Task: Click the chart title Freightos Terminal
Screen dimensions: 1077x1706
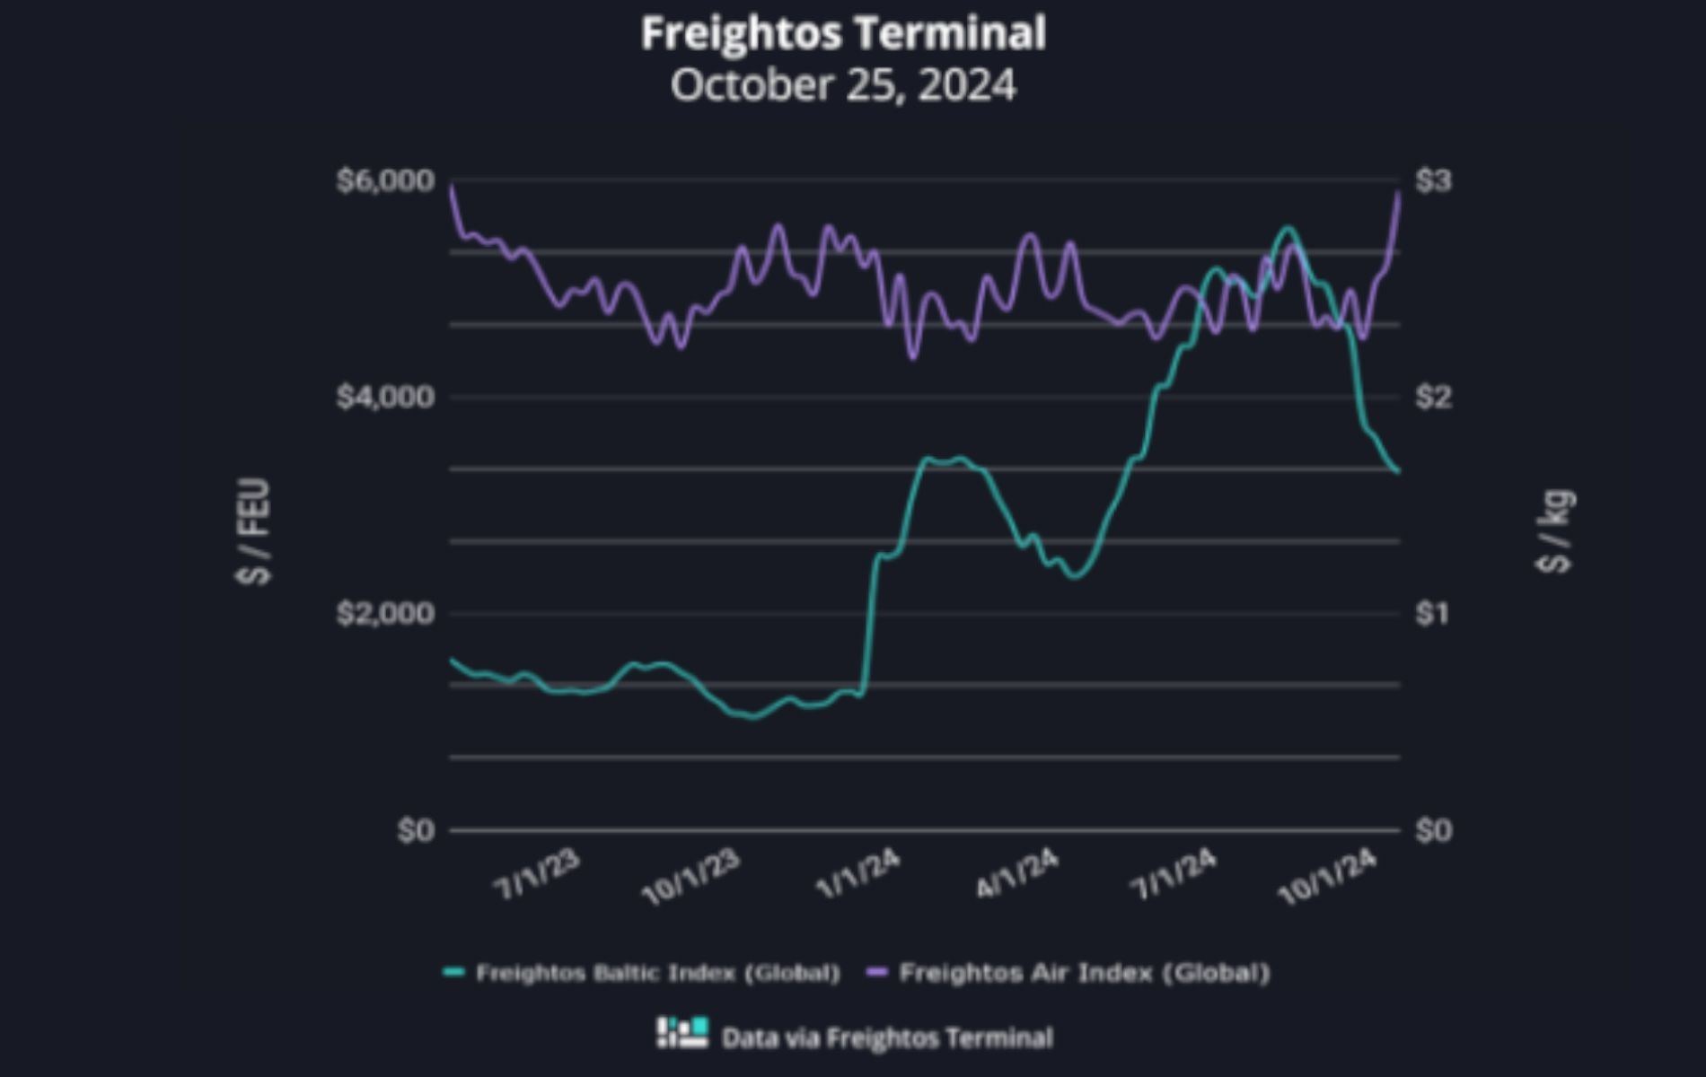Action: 843,34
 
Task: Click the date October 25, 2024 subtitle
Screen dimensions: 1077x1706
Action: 843,86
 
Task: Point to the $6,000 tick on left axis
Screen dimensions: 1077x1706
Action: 385,181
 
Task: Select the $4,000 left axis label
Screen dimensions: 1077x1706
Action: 385,397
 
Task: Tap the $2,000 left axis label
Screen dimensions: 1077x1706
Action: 385,614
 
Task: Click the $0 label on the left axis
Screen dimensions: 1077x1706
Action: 416,830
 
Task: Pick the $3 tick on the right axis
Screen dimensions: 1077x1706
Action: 1433,181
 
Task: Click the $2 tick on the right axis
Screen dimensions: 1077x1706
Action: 1433,397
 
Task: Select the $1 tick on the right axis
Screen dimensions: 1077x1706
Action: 1433,614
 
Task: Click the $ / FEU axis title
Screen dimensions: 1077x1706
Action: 254,531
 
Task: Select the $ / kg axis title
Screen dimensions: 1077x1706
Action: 1555,531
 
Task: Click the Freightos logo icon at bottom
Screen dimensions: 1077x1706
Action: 682,1033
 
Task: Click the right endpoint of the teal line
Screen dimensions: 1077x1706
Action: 1398,471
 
